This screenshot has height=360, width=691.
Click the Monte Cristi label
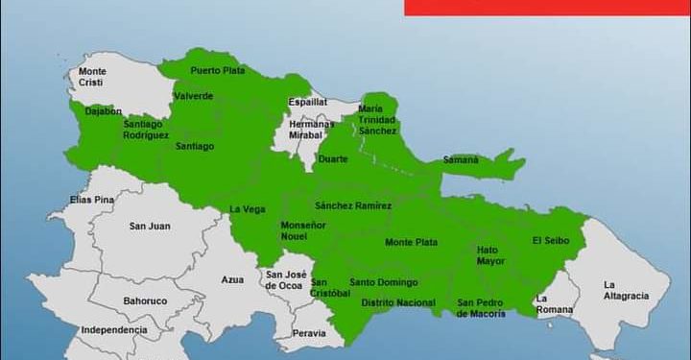pyautogui.click(x=92, y=77)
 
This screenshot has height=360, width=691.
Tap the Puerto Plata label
pyautogui.click(x=217, y=70)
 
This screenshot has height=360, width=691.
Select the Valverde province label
pyautogui.click(x=194, y=96)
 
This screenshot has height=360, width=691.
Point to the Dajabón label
pyautogui.click(x=104, y=111)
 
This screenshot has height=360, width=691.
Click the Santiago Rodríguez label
pyautogui.click(x=146, y=130)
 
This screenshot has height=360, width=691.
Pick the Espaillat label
pyautogui.click(x=308, y=101)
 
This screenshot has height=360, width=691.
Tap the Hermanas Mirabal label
pyautogui.click(x=312, y=131)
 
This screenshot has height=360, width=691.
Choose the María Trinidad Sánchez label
pyautogui.click(x=377, y=120)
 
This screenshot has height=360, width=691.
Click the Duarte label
pyautogui.click(x=333, y=159)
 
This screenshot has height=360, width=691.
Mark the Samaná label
pyautogui.click(x=461, y=159)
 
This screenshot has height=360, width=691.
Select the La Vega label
pyautogui.click(x=248, y=209)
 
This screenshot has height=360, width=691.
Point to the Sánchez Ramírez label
pyautogui.click(x=353, y=205)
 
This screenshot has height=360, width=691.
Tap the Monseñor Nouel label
pyautogui.click(x=303, y=230)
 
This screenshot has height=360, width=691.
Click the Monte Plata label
pyautogui.click(x=412, y=243)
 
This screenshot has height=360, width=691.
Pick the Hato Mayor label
pyautogui.click(x=489, y=255)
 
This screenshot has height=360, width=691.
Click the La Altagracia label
pyautogui.click(x=625, y=291)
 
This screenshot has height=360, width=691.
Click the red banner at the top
pyautogui.click(x=547, y=7)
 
